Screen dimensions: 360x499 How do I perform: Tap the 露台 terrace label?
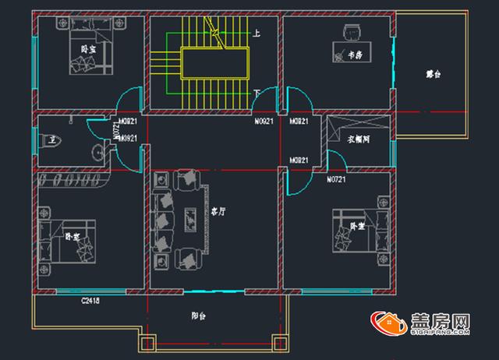434,75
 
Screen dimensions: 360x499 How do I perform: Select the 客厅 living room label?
218,211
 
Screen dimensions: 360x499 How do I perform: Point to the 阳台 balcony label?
199,316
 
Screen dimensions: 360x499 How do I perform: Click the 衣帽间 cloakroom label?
359,140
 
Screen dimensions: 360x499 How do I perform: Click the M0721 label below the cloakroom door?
336,180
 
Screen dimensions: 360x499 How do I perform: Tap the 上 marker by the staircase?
257,34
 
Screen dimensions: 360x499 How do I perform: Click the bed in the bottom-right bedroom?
354,232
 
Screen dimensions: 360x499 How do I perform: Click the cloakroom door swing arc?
336,161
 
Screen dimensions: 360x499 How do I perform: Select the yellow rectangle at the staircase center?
214,62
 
